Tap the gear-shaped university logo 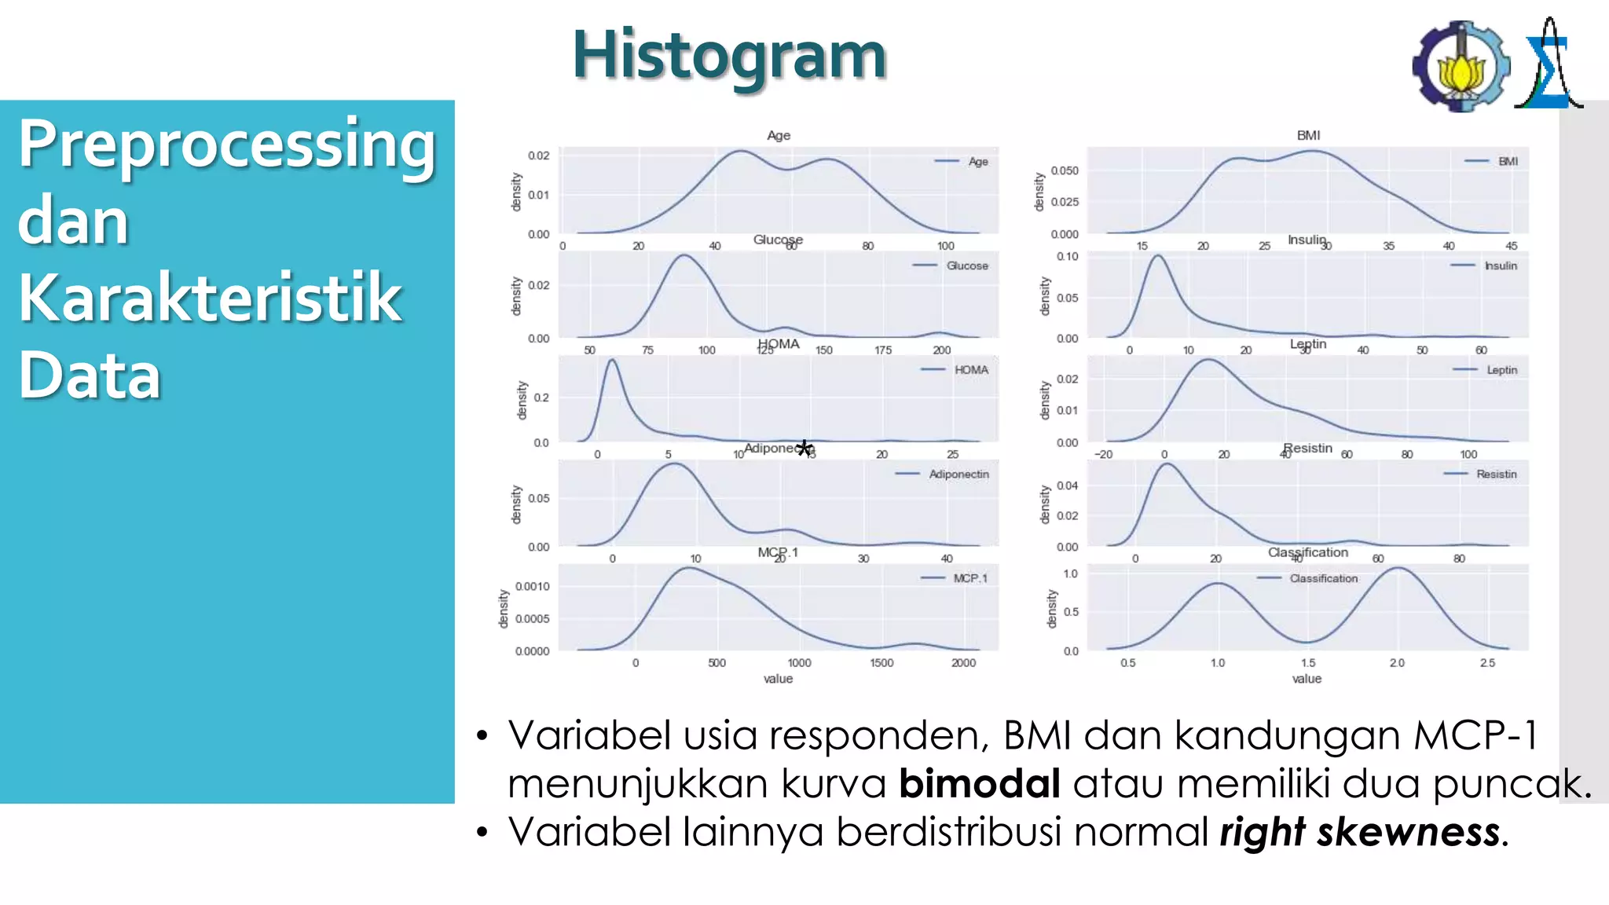coord(1461,67)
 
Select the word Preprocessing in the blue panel coord(226,146)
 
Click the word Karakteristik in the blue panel coord(210,298)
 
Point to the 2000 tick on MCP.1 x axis coord(963,663)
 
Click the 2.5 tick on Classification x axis coord(1487,663)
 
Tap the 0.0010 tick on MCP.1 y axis coord(532,587)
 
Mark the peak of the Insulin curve coord(1159,256)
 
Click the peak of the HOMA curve coord(612,361)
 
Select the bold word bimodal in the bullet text coord(979,784)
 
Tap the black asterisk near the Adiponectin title coord(804,449)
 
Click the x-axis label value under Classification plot coord(1307,679)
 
